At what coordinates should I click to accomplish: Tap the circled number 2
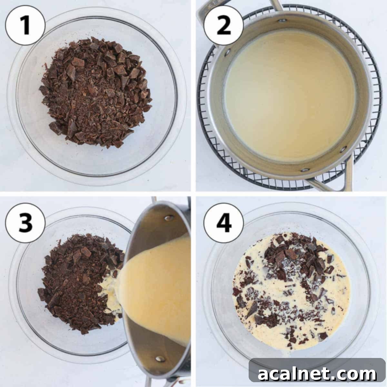click(x=224, y=25)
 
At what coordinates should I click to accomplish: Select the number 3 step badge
click(x=25, y=223)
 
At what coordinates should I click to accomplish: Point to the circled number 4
click(x=224, y=223)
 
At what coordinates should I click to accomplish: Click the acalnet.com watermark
click(x=317, y=374)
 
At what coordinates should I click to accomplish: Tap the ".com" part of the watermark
click(x=355, y=374)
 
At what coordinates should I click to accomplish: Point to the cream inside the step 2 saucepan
click(x=290, y=94)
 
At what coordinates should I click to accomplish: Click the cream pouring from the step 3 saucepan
click(x=152, y=290)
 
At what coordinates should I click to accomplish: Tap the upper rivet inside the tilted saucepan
click(x=168, y=218)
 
